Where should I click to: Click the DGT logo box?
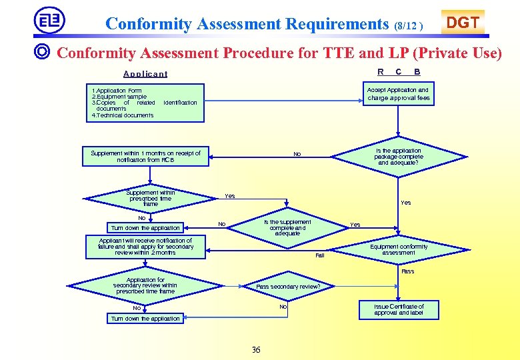click(x=462, y=23)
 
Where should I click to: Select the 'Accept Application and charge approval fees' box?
click(x=398, y=94)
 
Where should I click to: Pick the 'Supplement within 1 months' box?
click(x=145, y=156)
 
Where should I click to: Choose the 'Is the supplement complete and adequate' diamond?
click(x=287, y=227)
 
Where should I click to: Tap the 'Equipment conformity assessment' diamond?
click(x=399, y=249)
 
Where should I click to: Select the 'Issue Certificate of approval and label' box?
click(x=399, y=309)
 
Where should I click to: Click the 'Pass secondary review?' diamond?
click(x=288, y=287)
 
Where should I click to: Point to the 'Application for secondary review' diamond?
click(x=145, y=286)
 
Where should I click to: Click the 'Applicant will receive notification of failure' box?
click(x=145, y=246)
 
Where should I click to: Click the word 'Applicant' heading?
click(x=145, y=74)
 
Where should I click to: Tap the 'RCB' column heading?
click(x=398, y=71)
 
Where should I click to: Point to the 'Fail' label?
click(x=319, y=255)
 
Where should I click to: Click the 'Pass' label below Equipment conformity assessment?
click(x=407, y=271)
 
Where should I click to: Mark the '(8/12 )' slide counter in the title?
click(x=408, y=26)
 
